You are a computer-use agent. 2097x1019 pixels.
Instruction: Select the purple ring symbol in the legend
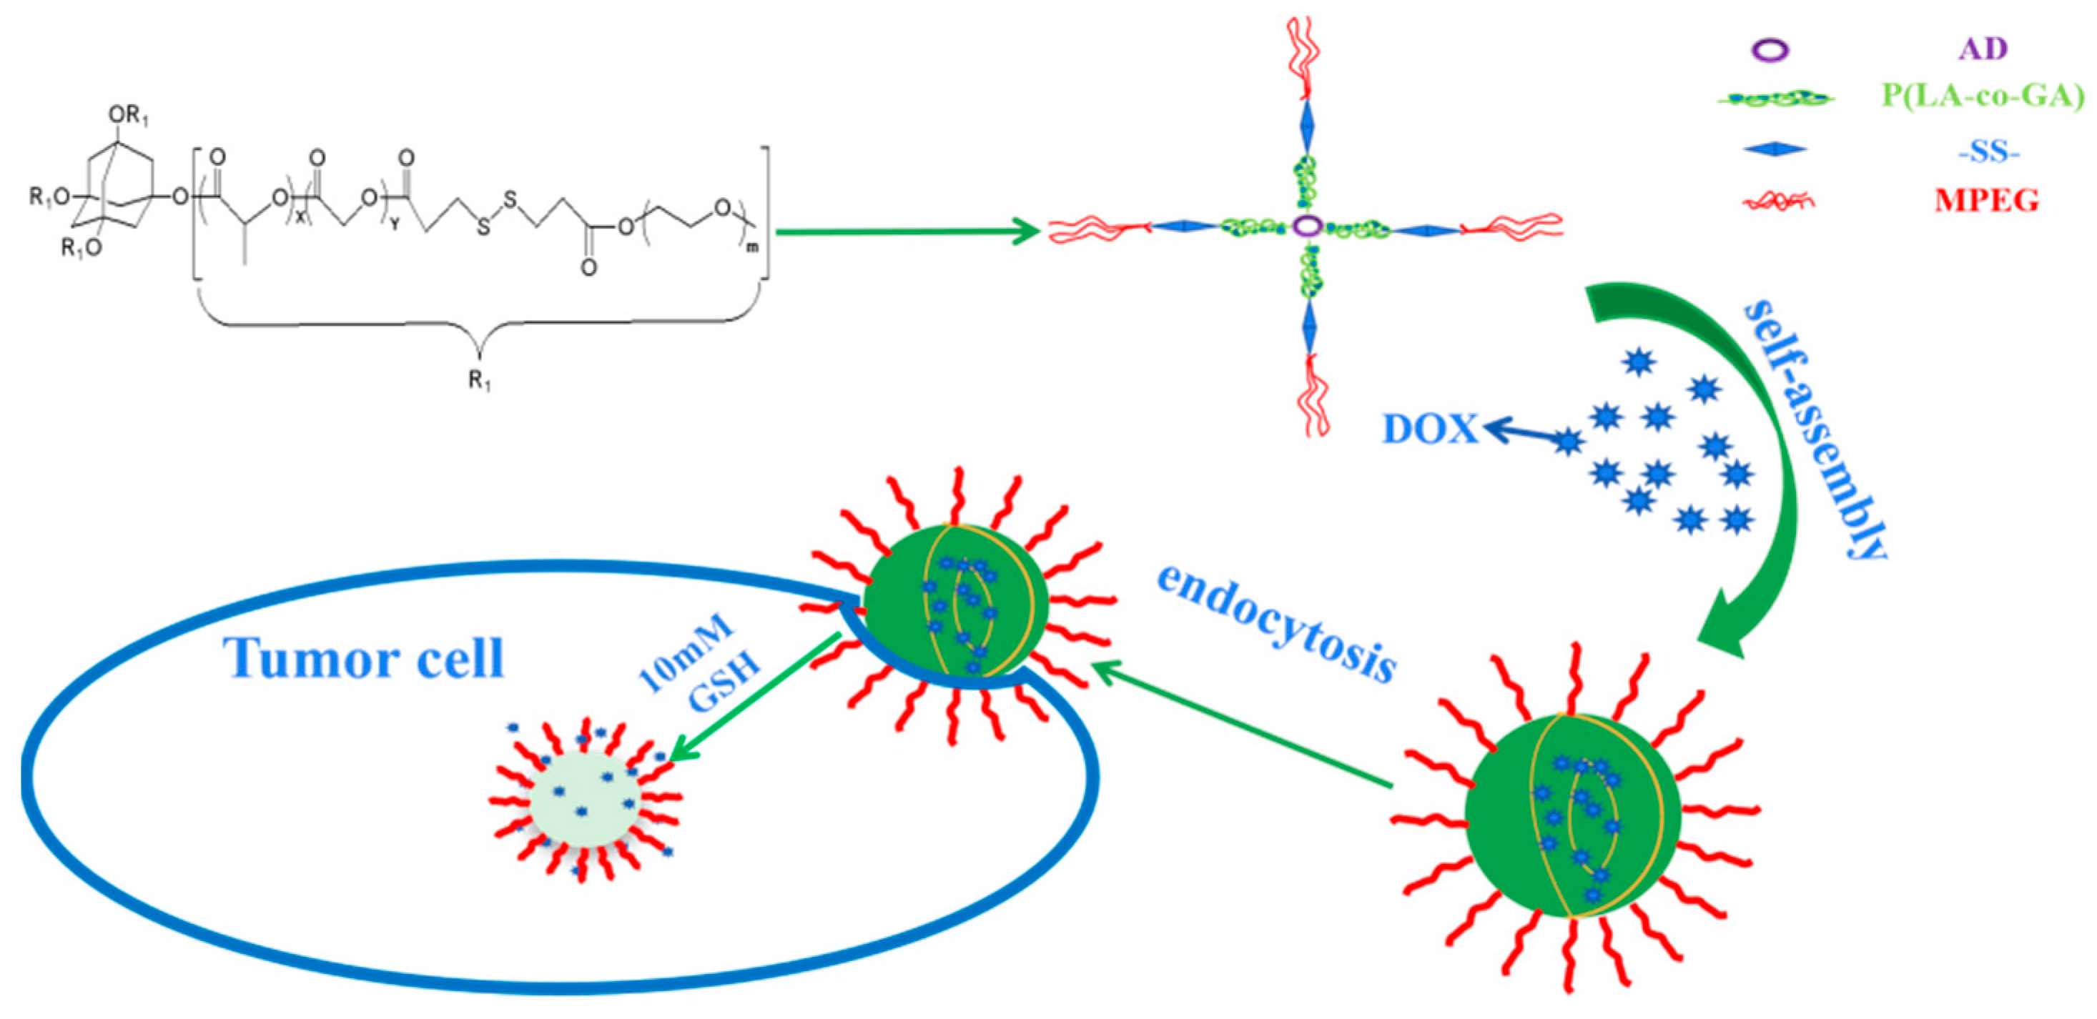coord(1770,51)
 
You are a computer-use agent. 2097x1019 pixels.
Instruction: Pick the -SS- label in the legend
coord(1986,151)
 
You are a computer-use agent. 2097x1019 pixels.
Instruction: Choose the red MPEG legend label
coord(1986,200)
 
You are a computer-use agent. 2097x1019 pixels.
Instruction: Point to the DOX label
coord(1429,429)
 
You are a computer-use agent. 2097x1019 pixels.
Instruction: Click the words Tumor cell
coord(364,657)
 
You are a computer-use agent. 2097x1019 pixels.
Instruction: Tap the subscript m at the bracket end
coord(752,247)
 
